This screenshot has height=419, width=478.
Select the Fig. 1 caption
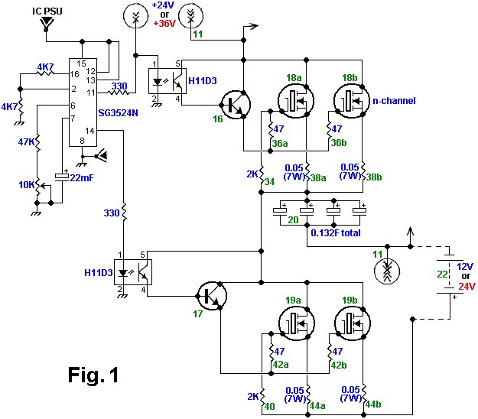[x=93, y=375]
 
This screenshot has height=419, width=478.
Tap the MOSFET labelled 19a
[x=294, y=323]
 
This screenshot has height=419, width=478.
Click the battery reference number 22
[x=441, y=274]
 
